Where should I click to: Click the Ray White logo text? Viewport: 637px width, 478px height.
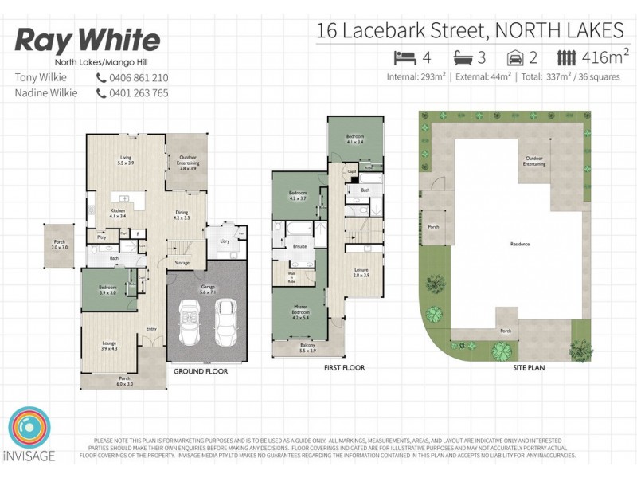pos(88,41)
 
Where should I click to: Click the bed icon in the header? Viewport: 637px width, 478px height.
pos(404,57)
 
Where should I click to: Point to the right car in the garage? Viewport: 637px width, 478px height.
pos(226,320)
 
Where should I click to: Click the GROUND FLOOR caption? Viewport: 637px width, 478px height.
pos(201,371)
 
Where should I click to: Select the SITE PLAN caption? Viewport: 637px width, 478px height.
pos(527,369)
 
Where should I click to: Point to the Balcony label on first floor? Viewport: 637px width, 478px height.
pos(307,347)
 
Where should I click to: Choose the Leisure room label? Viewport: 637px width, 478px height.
pos(361,272)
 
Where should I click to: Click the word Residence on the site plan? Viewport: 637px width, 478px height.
pos(521,245)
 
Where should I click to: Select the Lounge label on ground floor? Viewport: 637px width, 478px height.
pos(108,345)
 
